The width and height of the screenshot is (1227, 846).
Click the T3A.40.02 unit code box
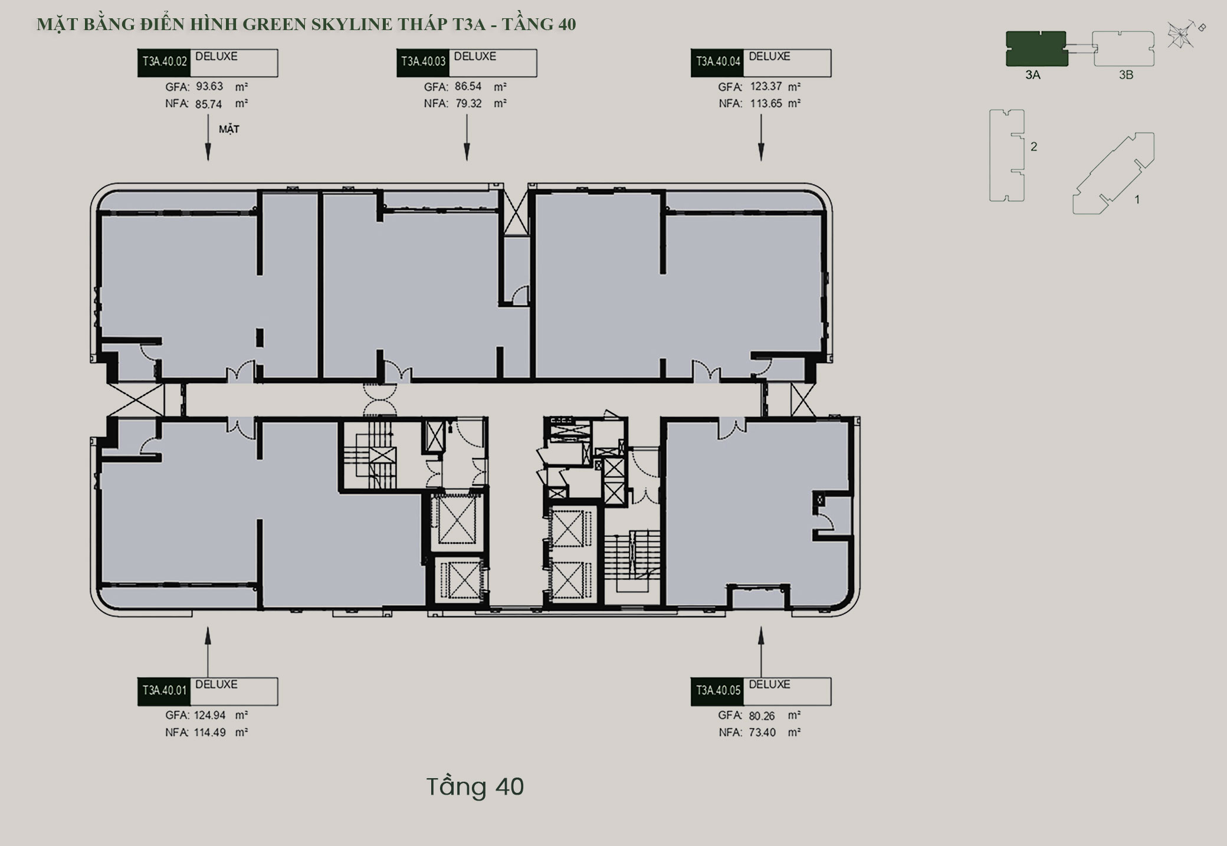click(163, 63)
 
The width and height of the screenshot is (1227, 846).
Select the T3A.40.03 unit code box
click(422, 63)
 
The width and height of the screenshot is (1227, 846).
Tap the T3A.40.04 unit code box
click(717, 63)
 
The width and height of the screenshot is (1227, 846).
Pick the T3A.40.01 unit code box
click(163, 691)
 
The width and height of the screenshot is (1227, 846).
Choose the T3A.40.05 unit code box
click(717, 691)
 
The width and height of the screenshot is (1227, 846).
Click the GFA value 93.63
click(209, 87)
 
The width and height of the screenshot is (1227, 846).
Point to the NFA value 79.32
click(468, 103)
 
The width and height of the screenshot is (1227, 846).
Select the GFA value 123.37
click(766, 87)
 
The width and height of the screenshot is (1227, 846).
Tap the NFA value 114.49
click(210, 732)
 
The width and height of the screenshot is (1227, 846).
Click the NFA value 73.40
click(763, 732)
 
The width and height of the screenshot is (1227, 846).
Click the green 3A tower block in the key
click(1036, 48)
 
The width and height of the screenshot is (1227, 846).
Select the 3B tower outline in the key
click(1123, 48)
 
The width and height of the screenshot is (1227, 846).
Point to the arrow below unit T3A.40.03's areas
click(467, 137)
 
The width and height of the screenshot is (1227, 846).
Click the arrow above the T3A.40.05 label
click(761, 652)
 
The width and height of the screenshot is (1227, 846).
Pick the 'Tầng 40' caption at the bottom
click(475, 786)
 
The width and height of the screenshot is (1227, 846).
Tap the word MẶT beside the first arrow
click(229, 129)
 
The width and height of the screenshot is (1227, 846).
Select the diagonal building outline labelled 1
click(1113, 173)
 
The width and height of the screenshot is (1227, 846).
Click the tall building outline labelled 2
click(1006, 155)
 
